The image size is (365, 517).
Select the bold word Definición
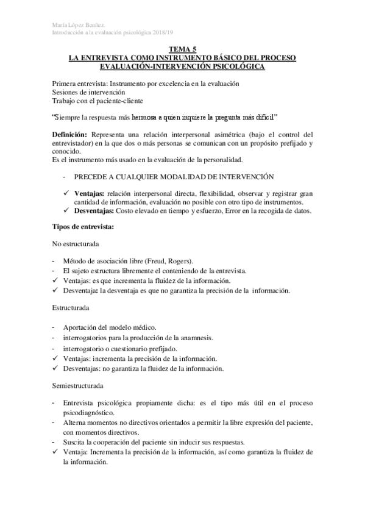click(70, 134)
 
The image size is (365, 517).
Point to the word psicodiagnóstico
click(92, 412)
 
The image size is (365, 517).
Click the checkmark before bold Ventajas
click(66, 193)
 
